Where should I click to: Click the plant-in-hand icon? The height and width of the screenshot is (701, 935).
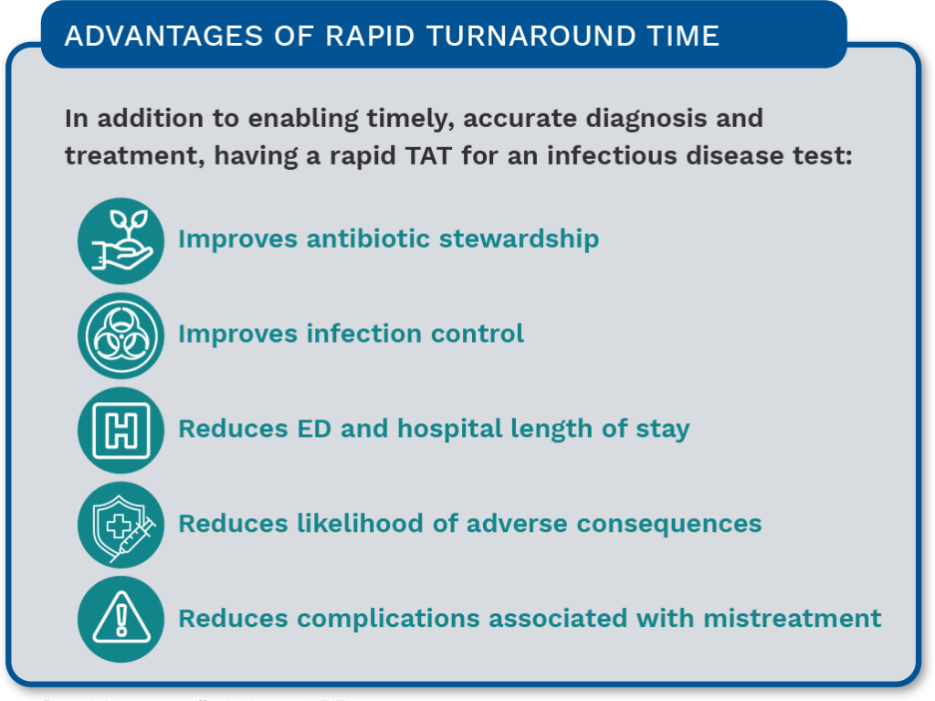tap(121, 240)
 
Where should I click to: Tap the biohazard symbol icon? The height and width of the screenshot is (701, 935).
tap(121, 335)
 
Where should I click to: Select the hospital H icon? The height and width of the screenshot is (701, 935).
tap(121, 430)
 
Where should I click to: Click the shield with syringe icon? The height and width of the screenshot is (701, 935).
tap(121, 525)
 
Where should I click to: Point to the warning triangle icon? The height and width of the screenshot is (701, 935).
tap(121, 619)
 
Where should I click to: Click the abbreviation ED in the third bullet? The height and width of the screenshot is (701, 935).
tap(291, 429)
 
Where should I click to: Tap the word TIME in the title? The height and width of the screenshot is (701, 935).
tap(685, 37)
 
